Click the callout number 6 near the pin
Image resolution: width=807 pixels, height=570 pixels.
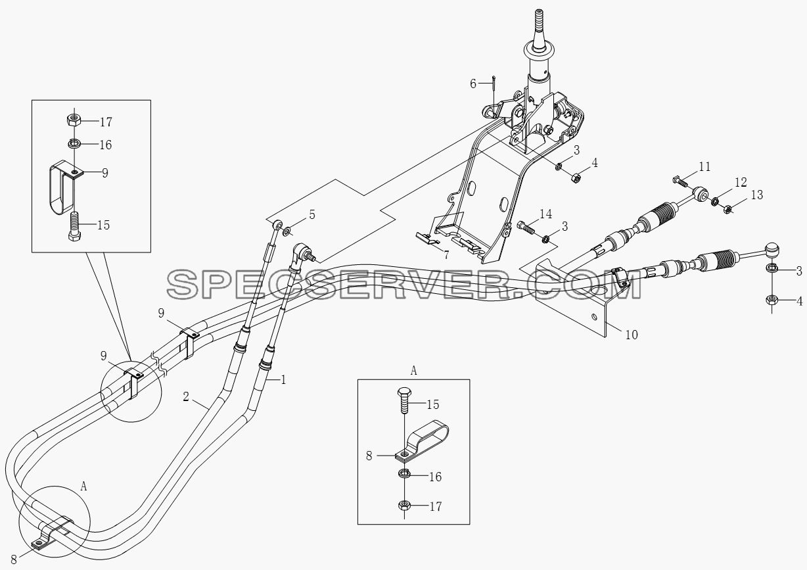[x=473, y=83]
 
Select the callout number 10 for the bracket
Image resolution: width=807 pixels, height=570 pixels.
[x=632, y=335]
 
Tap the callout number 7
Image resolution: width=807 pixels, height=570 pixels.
[x=446, y=255]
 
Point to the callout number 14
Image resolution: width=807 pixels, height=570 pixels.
[x=546, y=214]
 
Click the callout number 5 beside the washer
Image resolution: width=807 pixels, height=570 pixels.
[x=312, y=215]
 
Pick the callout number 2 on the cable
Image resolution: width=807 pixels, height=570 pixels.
[x=186, y=397]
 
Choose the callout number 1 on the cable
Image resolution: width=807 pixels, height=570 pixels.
[x=283, y=379]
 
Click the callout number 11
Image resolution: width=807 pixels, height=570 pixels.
[x=705, y=167]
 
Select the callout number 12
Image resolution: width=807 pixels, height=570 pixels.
[x=741, y=182]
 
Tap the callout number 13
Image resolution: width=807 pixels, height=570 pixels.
[x=757, y=195]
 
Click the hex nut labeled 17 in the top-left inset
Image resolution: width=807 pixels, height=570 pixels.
[x=74, y=120]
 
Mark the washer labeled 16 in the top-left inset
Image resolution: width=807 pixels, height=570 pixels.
[x=74, y=144]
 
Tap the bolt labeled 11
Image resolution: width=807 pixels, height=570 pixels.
[x=680, y=181]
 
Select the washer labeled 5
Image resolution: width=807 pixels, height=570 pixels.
[x=287, y=231]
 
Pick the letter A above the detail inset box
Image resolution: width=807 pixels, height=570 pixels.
[x=413, y=371]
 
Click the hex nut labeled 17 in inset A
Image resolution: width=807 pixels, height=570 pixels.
[x=405, y=505]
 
